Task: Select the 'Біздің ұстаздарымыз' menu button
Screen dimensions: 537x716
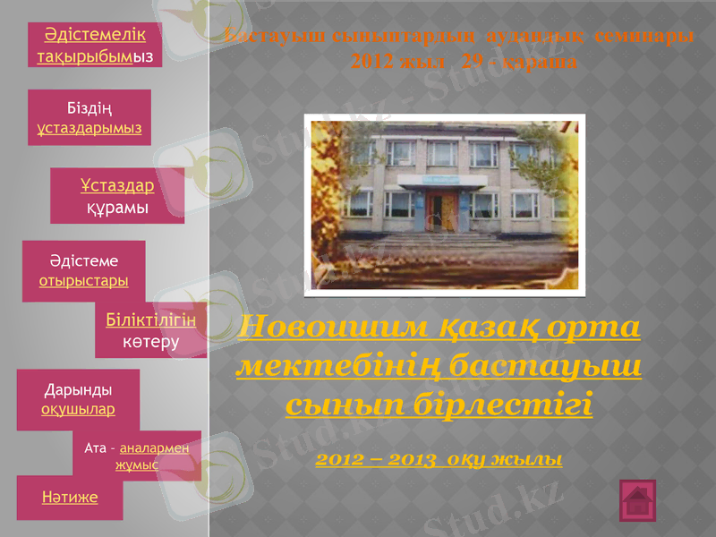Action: [x=89, y=118]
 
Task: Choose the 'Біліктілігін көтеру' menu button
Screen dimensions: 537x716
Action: [x=150, y=330]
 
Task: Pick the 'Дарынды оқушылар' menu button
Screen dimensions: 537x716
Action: [x=78, y=399]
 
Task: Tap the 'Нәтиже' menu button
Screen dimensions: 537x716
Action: [x=70, y=496]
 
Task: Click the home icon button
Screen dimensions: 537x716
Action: [x=637, y=500]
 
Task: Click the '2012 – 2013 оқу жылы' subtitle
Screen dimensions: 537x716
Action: [x=439, y=459]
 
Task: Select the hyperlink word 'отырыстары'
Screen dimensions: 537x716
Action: [x=84, y=280]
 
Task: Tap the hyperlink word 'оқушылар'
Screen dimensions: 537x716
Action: [x=78, y=409]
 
